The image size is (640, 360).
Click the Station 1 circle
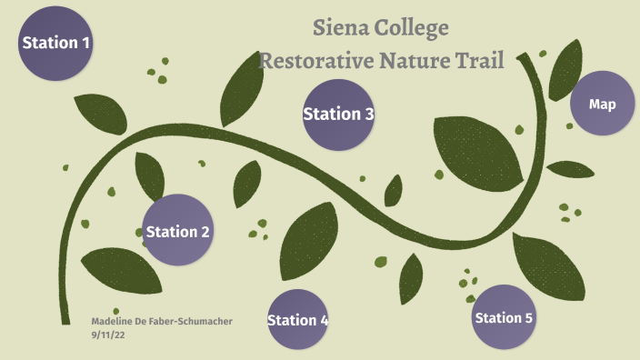tap(55, 43)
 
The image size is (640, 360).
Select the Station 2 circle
tap(178, 231)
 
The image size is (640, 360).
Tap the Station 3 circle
tap(338, 115)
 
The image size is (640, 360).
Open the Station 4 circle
tap(298, 319)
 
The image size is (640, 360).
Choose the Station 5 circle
tap(504, 317)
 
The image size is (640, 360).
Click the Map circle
tap(602, 105)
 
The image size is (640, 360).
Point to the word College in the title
tap(415, 28)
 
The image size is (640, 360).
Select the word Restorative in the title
tap(312, 62)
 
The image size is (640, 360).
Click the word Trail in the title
tap(477, 62)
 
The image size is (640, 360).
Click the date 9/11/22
tap(108, 335)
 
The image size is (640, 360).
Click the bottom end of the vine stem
tap(65, 320)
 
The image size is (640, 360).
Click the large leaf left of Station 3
tap(237, 90)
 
